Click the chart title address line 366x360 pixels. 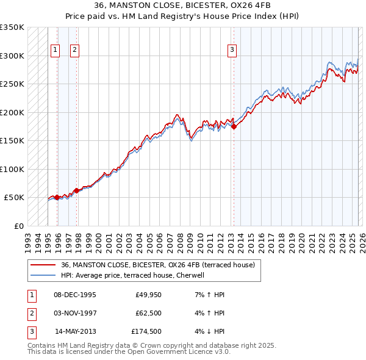pyautogui.click(x=182, y=5)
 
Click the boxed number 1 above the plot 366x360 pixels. pyautogui.click(x=56, y=51)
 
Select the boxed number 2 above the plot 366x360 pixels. pyautogui.click(x=74, y=51)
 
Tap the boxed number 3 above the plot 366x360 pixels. pyautogui.click(x=232, y=51)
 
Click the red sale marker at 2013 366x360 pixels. pyautogui.click(x=234, y=127)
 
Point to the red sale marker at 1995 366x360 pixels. pyautogui.click(x=57, y=197)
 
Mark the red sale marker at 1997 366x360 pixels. pyautogui.click(x=76, y=190)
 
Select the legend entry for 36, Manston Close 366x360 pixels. pyautogui.click(x=161, y=265)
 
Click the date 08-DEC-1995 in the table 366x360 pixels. pyautogui.click(x=75, y=295)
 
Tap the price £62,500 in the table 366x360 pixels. pyautogui.click(x=148, y=314)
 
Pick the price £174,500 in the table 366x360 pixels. pyautogui.click(x=146, y=333)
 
